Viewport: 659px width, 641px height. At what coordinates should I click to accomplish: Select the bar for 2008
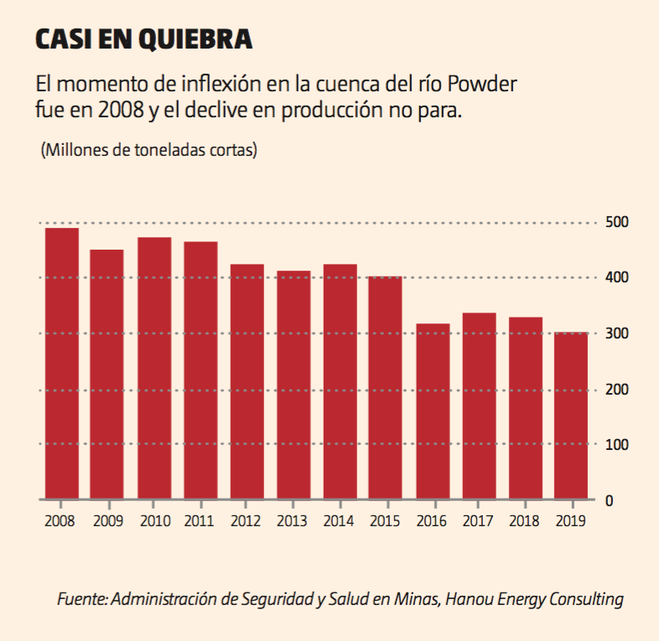(61, 364)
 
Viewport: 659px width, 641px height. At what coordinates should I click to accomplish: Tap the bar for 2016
(433, 411)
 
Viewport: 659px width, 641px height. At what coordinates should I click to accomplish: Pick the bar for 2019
(572, 416)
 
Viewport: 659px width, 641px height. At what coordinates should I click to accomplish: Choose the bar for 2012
(247, 382)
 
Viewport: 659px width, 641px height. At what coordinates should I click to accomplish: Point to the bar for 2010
(154, 369)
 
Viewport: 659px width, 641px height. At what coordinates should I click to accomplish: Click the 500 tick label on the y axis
(615, 222)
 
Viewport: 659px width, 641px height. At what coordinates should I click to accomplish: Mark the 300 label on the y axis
(615, 333)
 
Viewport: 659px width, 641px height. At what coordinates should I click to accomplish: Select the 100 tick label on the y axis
(615, 444)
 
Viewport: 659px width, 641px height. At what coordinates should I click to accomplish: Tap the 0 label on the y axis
(609, 500)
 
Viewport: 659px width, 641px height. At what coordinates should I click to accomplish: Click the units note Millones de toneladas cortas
(148, 151)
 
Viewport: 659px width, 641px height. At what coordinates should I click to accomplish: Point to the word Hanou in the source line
(471, 599)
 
